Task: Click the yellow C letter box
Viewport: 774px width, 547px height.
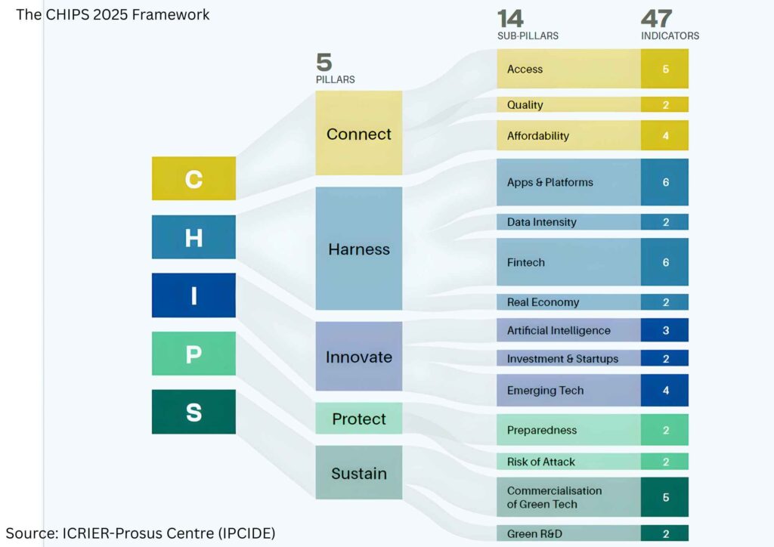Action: click(x=193, y=178)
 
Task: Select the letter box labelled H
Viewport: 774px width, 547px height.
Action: click(x=193, y=236)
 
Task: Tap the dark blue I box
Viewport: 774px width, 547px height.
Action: click(x=193, y=295)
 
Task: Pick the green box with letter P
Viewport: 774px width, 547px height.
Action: click(x=193, y=354)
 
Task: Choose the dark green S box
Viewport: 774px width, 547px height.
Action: click(x=193, y=412)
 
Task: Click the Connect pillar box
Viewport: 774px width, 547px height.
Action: click(x=359, y=134)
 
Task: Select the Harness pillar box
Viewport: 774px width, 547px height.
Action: click(x=359, y=249)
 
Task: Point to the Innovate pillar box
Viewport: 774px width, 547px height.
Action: click(x=359, y=357)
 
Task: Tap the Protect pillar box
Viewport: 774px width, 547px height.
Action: click(x=359, y=419)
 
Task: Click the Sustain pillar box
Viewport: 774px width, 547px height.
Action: click(x=359, y=474)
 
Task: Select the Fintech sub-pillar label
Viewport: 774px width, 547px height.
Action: click(x=526, y=262)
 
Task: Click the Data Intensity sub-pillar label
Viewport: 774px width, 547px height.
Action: click(x=541, y=222)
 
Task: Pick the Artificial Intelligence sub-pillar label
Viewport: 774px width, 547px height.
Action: click(x=559, y=330)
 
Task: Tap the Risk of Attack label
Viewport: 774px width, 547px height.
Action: click(x=540, y=462)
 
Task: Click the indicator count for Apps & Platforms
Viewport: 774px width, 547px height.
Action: click(x=665, y=182)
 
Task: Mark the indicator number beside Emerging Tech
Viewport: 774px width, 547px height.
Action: click(x=665, y=391)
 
